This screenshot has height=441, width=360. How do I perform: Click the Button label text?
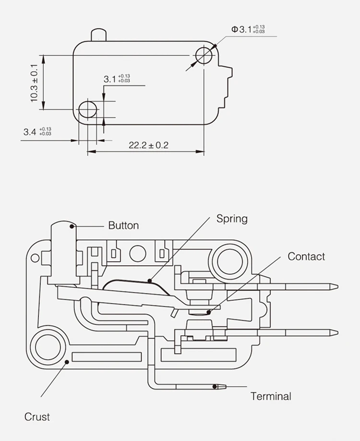[x=123, y=225]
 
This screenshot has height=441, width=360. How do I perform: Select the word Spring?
[x=232, y=219]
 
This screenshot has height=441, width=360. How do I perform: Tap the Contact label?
[x=306, y=257]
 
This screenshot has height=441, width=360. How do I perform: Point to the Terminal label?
[x=271, y=396]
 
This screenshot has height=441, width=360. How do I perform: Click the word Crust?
[x=37, y=416]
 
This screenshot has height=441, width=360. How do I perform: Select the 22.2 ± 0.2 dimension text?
[x=148, y=145]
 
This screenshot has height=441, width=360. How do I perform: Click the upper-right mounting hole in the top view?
[x=204, y=55]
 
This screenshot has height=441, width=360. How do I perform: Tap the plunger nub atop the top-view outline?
[x=98, y=35]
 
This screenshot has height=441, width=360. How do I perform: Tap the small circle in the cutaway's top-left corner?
[x=35, y=258]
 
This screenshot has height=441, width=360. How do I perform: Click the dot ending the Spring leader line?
[x=150, y=280]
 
